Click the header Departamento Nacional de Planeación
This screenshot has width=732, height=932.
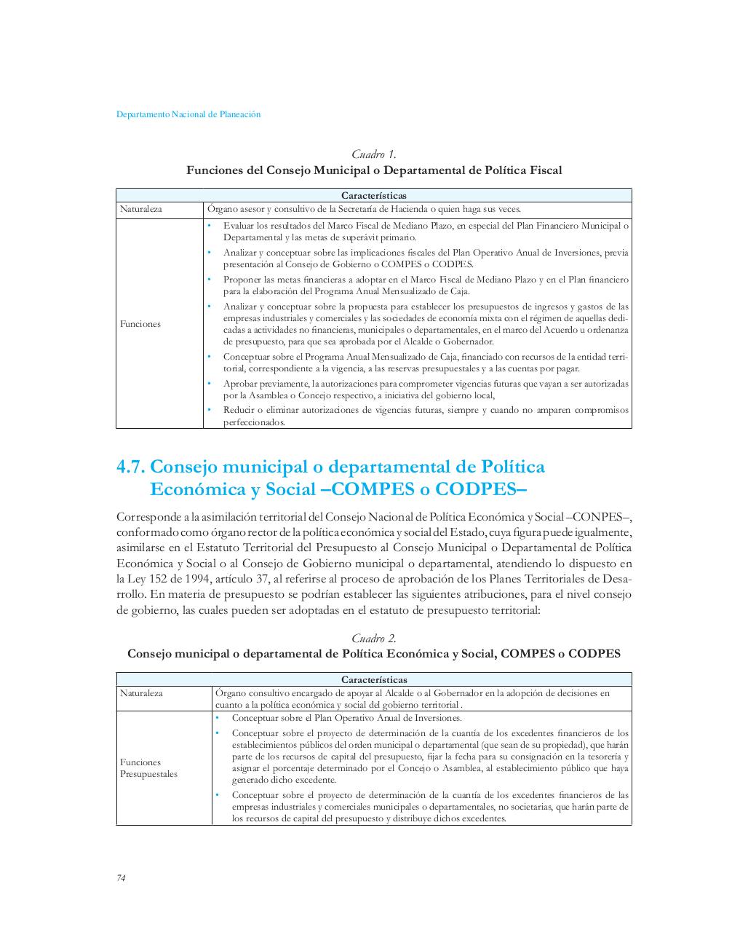188,114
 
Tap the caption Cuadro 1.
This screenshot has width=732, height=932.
374,154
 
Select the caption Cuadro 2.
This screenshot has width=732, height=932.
374,639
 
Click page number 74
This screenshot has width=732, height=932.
122,877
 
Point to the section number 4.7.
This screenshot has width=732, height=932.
131,467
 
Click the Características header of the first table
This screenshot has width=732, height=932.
374,195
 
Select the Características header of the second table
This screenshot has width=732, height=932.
374,679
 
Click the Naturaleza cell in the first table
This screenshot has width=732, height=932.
141,209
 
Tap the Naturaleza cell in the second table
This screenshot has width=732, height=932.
141,693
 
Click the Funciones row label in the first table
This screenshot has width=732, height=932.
140,324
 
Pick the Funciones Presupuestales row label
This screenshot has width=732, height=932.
148,768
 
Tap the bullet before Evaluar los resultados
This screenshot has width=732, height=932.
208,226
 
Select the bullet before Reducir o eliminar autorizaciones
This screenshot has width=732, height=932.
208,410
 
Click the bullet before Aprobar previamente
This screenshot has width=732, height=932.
208,383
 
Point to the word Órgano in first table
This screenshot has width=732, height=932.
222,209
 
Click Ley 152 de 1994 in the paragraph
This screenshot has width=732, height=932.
152,579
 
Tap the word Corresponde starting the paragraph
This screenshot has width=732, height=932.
149,517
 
